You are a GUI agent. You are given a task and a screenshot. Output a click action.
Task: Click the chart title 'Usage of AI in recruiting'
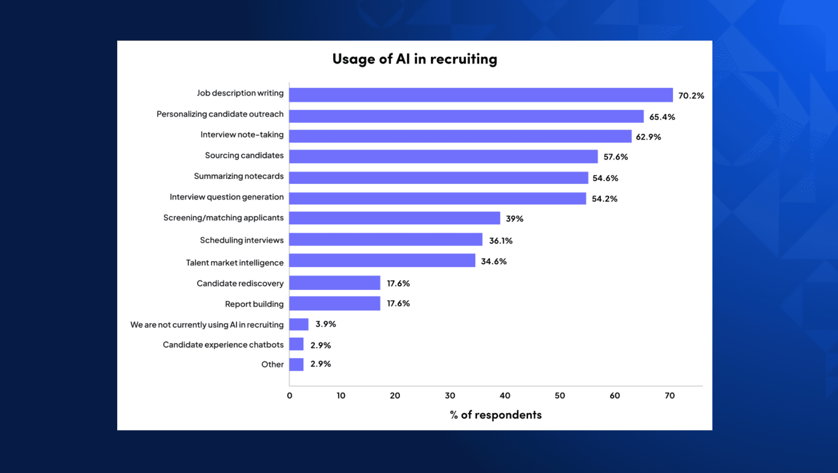pyautogui.click(x=414, y=59)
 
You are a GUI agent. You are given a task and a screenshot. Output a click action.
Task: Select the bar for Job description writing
pyautogui.click(x=481, y=95)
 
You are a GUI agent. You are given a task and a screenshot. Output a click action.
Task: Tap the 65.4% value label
pyautogui.click(x=662, y=117)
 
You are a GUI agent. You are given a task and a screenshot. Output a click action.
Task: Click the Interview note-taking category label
pyautogui.click(x=242, y=135)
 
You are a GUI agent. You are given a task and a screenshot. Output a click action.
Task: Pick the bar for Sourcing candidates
pyautogui.click(x=443, y=157)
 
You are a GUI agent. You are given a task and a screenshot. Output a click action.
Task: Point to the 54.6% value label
pyautogui.click(x=605, y=178)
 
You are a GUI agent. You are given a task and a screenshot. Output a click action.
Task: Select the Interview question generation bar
pyautogui.click(x=437, y=198)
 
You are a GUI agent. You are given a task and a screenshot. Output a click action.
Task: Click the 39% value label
pyautogui.click(x=514, y=219)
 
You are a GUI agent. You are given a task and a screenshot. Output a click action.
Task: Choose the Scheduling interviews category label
pyautogui.click(x=242, y=240)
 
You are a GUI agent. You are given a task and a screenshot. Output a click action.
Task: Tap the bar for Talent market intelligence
pyautogui.click(x=382, y=261)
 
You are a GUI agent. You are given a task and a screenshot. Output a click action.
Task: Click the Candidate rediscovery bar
pyautogui.click(x=334, y=283)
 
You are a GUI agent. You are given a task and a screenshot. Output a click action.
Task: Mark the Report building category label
pyautogui.click(x=254, y=304)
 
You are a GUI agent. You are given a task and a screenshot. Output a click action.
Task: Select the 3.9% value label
pyautogui.click(x=325, y=324)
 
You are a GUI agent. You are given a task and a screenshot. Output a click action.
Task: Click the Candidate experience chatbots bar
pyautogui.click(x=296, y=344)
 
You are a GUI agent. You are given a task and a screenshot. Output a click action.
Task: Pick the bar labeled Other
pyautogui.click(x=296, y=364)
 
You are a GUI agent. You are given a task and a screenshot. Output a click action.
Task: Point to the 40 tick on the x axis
pyautogui.click(x=505, y=396)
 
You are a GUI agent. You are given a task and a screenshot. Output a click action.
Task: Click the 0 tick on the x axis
pyautogui.click(x=290, y=396)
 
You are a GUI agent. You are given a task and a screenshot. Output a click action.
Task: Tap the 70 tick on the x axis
pyautogui.click(x=670, y=396)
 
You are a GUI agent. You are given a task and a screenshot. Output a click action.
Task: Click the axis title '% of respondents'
pyautogui.click(x=495, y=415)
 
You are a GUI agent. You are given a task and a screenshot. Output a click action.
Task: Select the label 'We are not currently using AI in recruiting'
pyautogui.click(x=207, y=325)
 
